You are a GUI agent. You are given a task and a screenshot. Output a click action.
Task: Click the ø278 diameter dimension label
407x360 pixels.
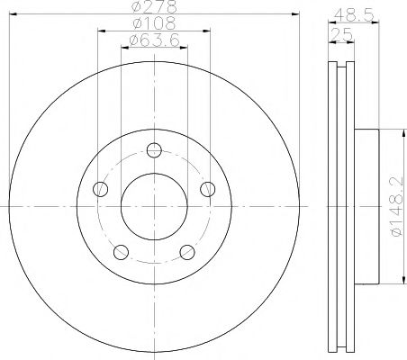[x=152, y=8]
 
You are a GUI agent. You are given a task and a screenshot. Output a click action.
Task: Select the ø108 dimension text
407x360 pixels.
[x=152, y=24]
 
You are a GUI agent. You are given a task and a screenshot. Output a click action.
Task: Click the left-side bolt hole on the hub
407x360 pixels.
[x=100, y=189]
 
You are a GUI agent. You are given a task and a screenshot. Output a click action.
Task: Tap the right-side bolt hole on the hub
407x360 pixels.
[x=208, y=188]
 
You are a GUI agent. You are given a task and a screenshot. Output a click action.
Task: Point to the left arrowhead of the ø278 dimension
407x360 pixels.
[x=13, y=15]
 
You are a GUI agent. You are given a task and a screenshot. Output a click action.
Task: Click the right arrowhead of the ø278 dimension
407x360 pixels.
[x=294, y=15]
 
